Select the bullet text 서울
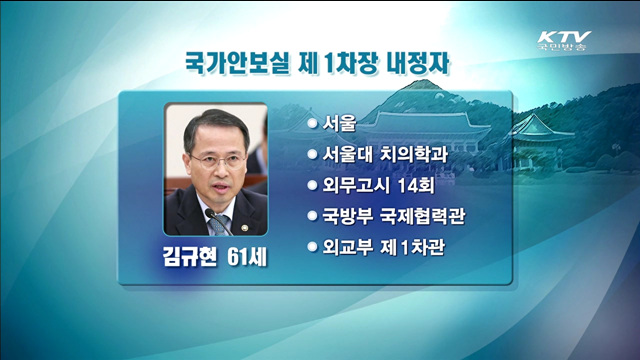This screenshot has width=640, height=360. pyautogui.click(x=341, y=125)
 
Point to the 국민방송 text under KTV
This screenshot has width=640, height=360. pyautogui.click(x=564, y=46)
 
